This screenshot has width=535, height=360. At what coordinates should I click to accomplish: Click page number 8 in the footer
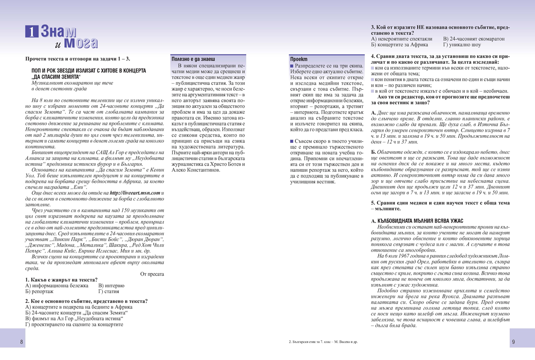(21, 342)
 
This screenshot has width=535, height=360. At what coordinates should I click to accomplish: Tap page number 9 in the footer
(513, 342)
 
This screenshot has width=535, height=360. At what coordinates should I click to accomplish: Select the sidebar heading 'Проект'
(299, 59)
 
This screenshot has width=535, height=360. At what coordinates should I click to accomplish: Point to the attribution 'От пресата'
(152, 274)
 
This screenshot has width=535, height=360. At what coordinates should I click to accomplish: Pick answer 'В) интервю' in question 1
(111, 286)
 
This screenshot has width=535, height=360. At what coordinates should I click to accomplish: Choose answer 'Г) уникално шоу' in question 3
(462, 45)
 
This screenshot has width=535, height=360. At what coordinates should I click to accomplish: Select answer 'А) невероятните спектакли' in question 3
(402, 39)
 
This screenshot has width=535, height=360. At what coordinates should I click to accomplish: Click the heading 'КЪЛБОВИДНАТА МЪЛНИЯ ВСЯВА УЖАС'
(417, 221)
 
